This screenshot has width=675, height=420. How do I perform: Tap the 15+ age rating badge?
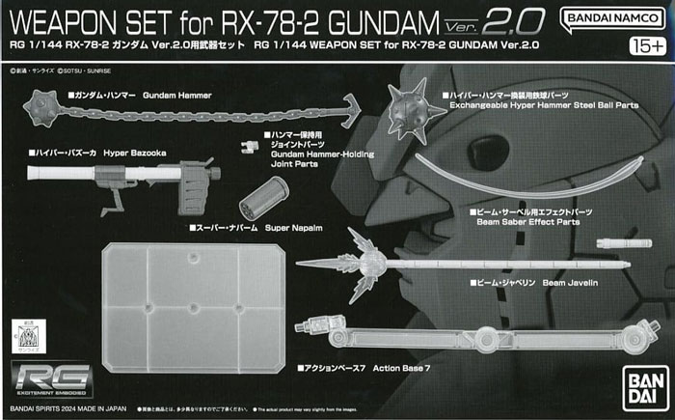point(650,45)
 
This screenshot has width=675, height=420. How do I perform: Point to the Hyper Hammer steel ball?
point(409,111)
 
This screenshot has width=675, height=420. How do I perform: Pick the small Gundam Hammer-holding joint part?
point(249,144)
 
